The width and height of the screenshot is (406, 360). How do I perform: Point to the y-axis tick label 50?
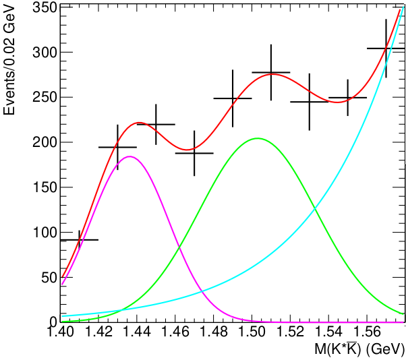click(46, 277)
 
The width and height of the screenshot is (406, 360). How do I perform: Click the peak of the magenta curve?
click(129, 156)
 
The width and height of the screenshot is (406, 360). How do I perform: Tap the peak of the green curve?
click(258, 138)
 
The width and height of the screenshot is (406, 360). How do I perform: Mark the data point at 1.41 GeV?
click(80, 239)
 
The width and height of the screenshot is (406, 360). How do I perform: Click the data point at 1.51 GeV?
click(271, 72)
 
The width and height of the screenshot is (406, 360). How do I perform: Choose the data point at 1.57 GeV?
click(386, 49)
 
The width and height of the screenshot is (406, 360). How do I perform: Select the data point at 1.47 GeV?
click(194, 153)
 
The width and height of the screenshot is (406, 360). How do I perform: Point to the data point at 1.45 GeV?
click(156, 124)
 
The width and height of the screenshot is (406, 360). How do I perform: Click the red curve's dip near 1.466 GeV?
click(188, 149)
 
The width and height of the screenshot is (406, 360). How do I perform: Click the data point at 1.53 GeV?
click(310, 102)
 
